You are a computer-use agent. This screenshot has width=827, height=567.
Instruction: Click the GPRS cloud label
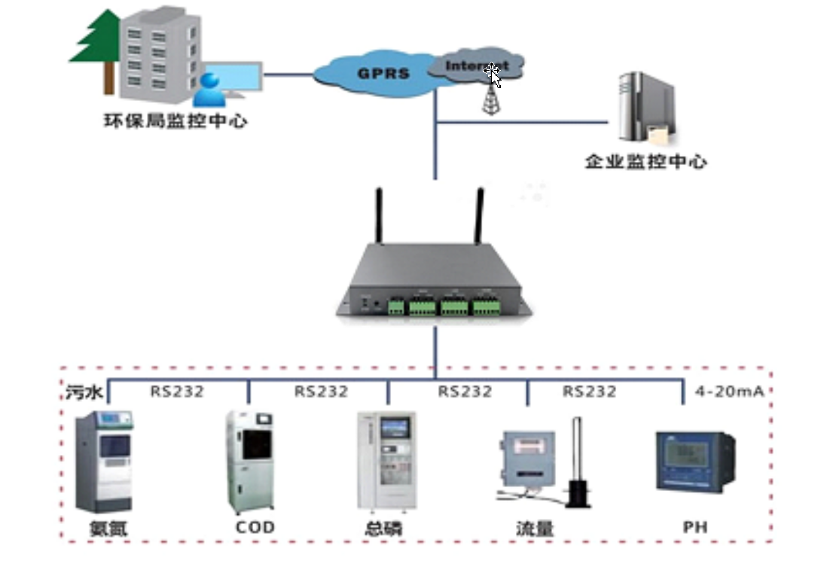pos(383,73)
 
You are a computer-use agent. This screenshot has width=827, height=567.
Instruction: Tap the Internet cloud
pos(475,66)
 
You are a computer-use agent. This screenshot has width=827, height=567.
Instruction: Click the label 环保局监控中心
pos(175,120)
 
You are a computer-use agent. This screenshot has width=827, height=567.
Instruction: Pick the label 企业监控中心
pos(646,161)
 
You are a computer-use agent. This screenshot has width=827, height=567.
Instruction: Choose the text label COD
pos(255,527)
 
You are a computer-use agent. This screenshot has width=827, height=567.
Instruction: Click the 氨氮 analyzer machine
pos(105,461)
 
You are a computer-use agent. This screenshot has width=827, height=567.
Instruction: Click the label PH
pos(695,527)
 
